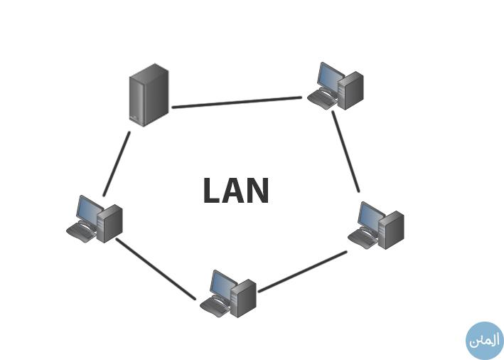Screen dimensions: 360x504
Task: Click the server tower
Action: [149, 95]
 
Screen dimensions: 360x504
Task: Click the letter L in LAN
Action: [212, 191]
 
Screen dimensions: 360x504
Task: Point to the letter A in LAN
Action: [234, 191]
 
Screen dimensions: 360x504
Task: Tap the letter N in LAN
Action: [258, 191]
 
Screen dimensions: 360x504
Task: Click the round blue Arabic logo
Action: [484, 340]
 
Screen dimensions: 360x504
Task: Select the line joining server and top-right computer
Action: [237, 102]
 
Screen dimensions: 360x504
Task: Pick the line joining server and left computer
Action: [117, 163]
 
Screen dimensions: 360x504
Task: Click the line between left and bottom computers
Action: [155, 268]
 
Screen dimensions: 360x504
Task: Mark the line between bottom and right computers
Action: [303, 271]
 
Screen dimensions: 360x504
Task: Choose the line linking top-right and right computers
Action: [346, 151]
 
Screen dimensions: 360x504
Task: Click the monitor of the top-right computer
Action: [328, 77]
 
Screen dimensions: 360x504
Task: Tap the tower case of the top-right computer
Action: [351, 91]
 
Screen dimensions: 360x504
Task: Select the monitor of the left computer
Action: [89, 209]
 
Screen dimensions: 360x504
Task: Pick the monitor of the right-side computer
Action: [369, 216]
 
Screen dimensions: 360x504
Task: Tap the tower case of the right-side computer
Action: [392, 230]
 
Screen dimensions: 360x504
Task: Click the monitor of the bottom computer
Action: [222, 285]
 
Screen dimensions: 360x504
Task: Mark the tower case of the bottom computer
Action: [244, 297]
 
